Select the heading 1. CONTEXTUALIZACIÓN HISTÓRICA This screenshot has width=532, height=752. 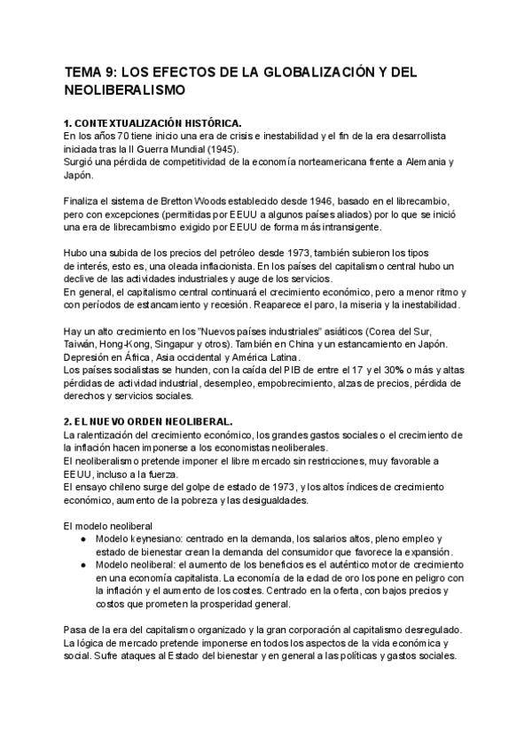[x=153, y=121]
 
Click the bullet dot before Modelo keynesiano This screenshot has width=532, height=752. [x=82, y=539]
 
